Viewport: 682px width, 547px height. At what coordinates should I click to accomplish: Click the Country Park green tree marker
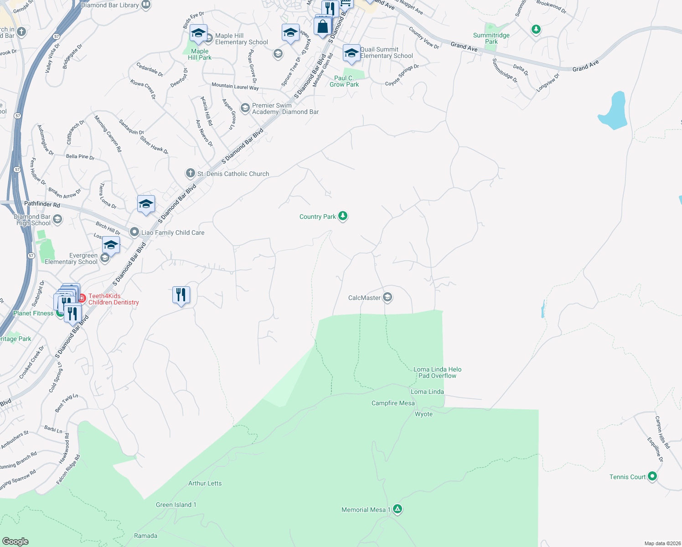pyautogui.click(x=343, y=216)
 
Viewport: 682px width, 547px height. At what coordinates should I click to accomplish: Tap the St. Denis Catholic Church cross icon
pyautogui.click(x=190, y=173)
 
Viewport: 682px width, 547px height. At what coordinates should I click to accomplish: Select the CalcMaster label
pyautogui.click(x=364, y=298)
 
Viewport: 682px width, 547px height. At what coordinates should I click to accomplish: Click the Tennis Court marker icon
pyautogui.click(x=652, y=476)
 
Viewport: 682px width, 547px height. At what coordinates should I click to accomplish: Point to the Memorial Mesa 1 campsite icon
pyautogui.click(x=398, y=509)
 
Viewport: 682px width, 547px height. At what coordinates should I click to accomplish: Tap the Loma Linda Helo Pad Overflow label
pyautogui.click(x=437, y=372)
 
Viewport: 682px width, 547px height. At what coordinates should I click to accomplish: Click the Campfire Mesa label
pyautogui.click(x=393, y=403)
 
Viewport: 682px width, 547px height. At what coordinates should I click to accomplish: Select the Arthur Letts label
pyautogui.click(x=205, y=483)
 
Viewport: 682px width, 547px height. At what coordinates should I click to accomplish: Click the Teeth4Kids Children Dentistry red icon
pyautogui.click(x=82, y=299)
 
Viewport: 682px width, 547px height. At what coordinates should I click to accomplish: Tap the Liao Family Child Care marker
pyautogui.click(x=134, y=232)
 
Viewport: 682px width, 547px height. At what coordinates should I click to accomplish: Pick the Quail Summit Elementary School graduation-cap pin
pyautogui.click(x=351, y=53)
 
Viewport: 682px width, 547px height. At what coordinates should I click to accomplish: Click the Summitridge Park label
pyautogui.click(x=491, y=38)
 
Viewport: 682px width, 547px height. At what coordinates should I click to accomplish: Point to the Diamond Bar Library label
pyautogui.click(x=110, y=5)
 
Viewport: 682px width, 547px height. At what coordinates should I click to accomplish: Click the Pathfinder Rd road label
pyautogui.click(x=42, y=204)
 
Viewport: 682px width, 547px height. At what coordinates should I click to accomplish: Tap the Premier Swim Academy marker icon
pyautogui.click(x=245, y=108)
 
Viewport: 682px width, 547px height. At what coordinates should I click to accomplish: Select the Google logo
pyautogui.click(x=15, y=541)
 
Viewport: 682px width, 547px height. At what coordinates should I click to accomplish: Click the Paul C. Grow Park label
pyautogui.click(x=344, y=81)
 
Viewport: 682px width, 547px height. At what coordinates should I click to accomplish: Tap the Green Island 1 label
pyautogui.click(x=176, y=505)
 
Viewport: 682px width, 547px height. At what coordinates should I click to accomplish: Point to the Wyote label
pyautogui.click(x=424, y=414)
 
